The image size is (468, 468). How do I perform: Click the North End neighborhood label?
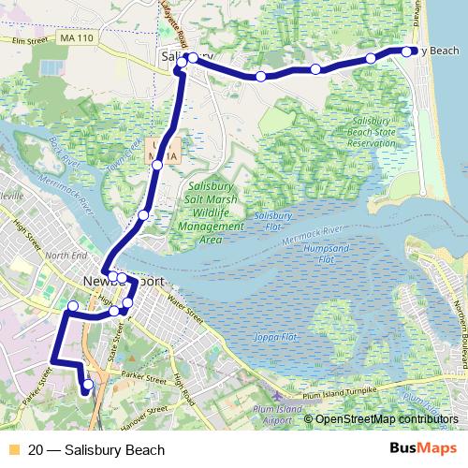[65, 255]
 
